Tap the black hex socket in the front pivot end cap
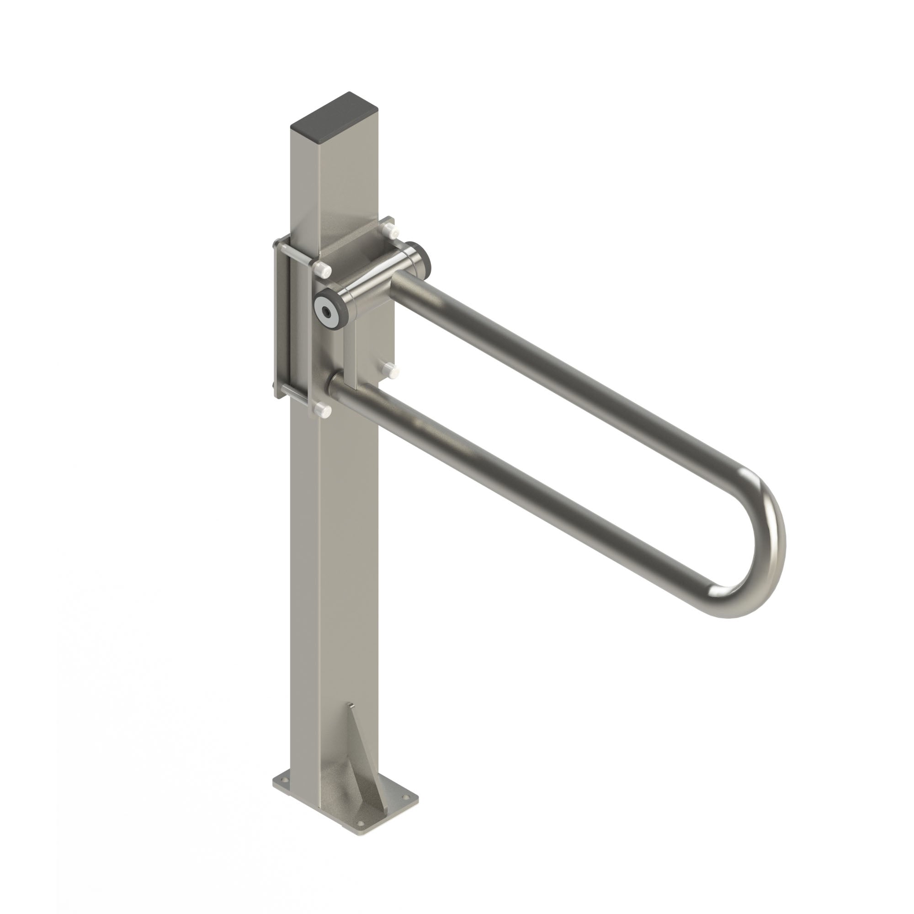[x=327, y=313]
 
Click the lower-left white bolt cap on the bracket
[x=323, y=409]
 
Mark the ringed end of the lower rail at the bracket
[x=331, y=381]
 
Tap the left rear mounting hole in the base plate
[x=285, y=780]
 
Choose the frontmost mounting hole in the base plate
[x=361, y=824]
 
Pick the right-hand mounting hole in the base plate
[x=406, y=797]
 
